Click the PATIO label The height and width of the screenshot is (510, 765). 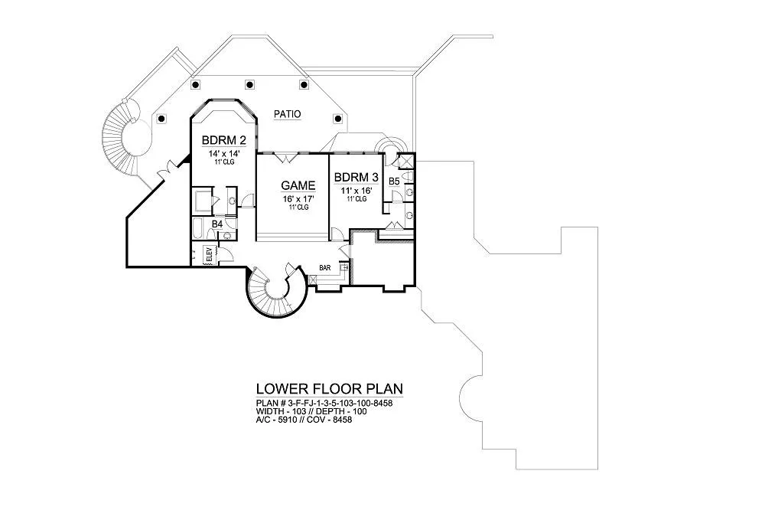click(x=288, y=114)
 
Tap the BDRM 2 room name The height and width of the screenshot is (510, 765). click(x=224, y=141)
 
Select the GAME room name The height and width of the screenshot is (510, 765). click(x=298, y=185)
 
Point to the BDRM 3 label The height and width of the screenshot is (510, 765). click(x=356, y=177)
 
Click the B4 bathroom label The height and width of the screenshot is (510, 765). click(x=217, y=224)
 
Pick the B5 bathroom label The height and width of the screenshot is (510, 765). click(x=394, y=181)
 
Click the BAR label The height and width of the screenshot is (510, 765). click(x=325, y=268)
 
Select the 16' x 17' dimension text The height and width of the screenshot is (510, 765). click(x=298, y=199)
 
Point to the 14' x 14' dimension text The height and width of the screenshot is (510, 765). click(x=224, y=154)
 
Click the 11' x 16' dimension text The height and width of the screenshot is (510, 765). click(x=356, y=191)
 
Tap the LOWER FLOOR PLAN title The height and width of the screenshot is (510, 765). click(x=330, y=389)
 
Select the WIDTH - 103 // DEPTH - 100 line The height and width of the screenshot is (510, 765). click(x=311, y=411)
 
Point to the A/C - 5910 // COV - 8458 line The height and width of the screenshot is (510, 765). click(x=304, y=419)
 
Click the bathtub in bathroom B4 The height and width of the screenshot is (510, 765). click(x=200, y=228)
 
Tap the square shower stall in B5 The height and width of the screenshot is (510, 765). click(x=406, y=162)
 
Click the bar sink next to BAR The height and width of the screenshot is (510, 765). click(x=344, y=267)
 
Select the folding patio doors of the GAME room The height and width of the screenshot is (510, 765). click(x=285, y=157)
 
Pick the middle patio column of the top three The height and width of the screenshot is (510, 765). click(x=249, y=84)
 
